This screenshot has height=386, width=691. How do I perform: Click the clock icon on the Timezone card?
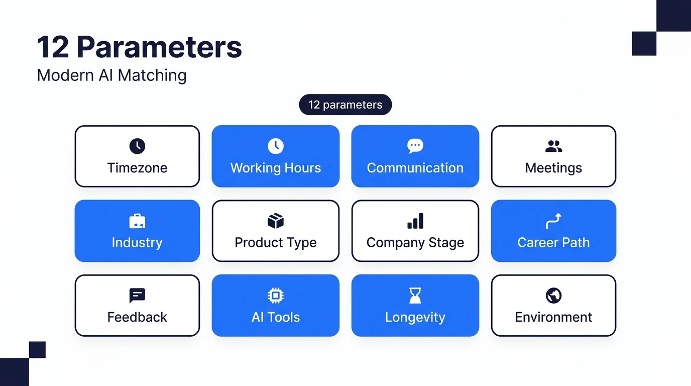pyautogui.click(x=137, y=146)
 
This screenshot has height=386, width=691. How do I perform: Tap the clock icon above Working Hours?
pyautogui.click(x=276, y=146)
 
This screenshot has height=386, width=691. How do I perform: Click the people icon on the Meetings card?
pyautogui.click(x=554, y=146)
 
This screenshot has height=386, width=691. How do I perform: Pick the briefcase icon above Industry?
pyautogui.click(x=137, y=221)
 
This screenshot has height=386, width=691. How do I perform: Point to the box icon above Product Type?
pyautogui.click(x=276, y=221)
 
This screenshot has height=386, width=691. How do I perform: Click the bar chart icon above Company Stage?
pyautogui.click(x=415, y=221)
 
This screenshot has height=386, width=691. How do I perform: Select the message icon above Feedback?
pyautogui.click(x=137, y=296)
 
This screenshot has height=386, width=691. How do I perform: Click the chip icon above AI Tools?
pyautogui.click(x=276, y=296)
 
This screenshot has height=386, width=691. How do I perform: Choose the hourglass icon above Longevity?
pyautogui.click(x=415, y=296)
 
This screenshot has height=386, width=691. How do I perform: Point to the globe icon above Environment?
pyautogui.click(x=554, y=296)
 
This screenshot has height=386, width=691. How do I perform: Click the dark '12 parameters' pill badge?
pyautogui.click(x=345, y=105)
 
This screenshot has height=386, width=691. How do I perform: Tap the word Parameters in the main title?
pyautogui.click(x=159, y=47)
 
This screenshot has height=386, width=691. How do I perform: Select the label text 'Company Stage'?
pyautogui.click(x=415, y=243)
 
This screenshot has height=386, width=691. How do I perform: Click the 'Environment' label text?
pyautogui.click(x=554, y=317)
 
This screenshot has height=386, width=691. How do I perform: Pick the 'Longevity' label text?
pyautogui.click(x=415, y=318)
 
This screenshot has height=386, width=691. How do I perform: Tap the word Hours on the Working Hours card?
pyautogui.click(x=303, y=168)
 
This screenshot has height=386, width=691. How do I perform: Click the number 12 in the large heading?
pyautogui.click(x=53, y=47)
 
